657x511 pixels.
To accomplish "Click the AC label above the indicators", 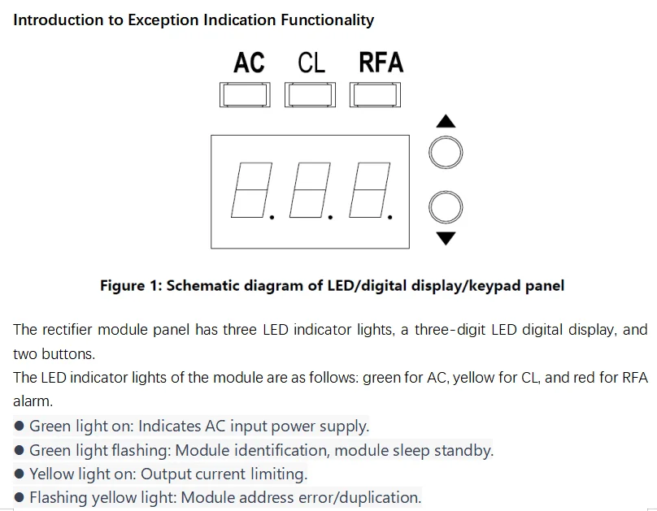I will [249, 63].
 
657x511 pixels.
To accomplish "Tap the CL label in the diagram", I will [311, 63].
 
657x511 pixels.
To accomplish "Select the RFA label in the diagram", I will [381, 63].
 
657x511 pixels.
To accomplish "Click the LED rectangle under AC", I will [245, 95].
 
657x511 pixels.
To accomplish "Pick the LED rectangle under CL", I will [310, 95].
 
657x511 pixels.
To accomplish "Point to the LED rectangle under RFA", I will [375, 95].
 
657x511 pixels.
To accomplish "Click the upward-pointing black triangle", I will [446, 122].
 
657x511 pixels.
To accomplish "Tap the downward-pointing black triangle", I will [446, 238].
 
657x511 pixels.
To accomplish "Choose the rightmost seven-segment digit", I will [368, 191].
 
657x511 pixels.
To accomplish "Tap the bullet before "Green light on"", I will [19, 427].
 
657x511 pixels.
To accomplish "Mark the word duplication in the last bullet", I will [378, 497].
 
